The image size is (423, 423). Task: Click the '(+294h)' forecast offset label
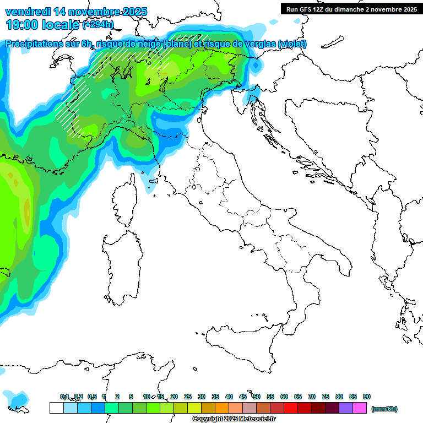tap(98, 25)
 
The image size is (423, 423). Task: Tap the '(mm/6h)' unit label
tap(384, 409)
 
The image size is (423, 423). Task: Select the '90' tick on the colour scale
tap(367, 397)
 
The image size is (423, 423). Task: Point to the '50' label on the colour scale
tap(257, 397)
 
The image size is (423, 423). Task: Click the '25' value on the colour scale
tap(188, 397)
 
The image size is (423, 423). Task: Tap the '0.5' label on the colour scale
tap(91, 397)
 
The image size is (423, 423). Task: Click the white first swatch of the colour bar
tap(56, 408)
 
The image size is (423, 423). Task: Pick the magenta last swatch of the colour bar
tap(360, 408)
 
